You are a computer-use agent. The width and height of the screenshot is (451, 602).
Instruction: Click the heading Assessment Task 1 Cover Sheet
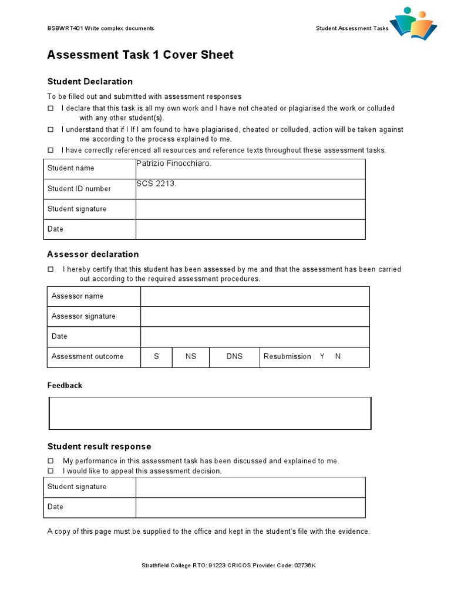[140, 55]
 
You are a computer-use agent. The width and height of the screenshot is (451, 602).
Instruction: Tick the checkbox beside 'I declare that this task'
[51, 108]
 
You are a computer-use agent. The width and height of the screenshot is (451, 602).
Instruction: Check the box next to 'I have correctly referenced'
[51, 150]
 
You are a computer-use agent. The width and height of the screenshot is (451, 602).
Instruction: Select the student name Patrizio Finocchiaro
[174, 163]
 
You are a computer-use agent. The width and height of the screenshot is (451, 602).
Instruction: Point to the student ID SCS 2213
[156, 183]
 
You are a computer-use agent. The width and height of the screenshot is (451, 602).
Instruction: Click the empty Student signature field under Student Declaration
[250, 209]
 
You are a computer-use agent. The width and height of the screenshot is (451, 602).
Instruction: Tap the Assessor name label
[78, 296]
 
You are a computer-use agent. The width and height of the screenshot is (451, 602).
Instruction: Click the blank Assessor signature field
[254, 316]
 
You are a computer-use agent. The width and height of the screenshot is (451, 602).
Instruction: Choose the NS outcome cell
[191, 356]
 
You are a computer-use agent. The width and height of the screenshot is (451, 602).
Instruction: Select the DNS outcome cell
[234, 356]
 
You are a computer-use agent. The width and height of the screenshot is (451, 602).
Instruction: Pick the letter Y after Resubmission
[322, 356]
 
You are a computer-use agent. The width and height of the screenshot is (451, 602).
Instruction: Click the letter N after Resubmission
[338, 356]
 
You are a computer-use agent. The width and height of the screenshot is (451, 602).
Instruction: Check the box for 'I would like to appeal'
[51, 471]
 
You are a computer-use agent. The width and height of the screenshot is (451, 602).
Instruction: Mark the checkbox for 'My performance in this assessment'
[51, 461]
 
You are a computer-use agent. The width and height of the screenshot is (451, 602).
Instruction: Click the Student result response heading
[99, 447]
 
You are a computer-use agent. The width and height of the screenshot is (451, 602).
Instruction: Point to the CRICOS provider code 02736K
[304, 566]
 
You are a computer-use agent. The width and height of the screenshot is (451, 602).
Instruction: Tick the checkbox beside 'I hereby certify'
[51, 269]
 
